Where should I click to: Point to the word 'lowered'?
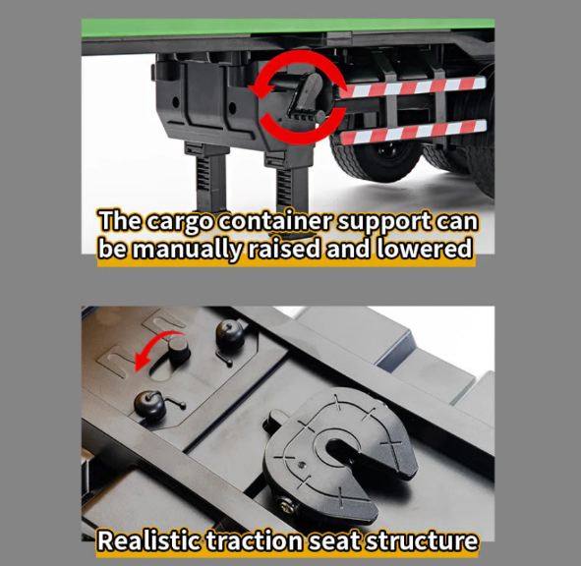[425, 248]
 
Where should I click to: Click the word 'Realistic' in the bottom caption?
[148, 540]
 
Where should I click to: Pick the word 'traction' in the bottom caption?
[254, 540]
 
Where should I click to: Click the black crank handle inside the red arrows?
[307, 96]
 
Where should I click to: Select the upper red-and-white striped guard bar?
[413, 87]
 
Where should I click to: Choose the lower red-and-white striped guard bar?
[413, 132]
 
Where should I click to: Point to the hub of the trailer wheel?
[386, 150]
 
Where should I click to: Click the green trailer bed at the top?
[288, 28]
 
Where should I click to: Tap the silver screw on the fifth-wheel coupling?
[287, 507]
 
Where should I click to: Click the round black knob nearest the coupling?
[149, 405]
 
